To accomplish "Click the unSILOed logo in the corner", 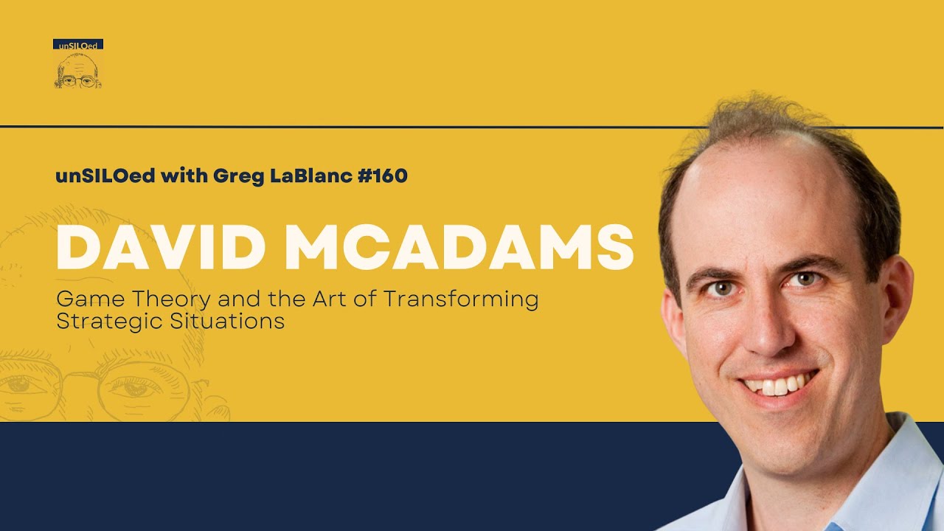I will pos(78,63).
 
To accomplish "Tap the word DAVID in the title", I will pos(161,248).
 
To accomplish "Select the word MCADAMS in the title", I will pos(459,248).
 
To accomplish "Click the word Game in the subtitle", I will pos(85,299).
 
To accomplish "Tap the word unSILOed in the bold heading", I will pos(104,176).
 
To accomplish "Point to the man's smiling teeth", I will pos(778,384).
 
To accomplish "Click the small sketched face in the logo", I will pos(78,70).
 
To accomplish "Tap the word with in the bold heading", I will pos(176,176).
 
